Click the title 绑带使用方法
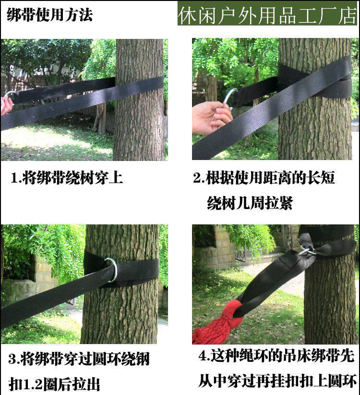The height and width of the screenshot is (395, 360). [x=50, y=15]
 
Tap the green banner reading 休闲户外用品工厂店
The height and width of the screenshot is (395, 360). [x=267, y=13]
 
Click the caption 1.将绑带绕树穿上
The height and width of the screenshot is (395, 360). [x=67, y=178]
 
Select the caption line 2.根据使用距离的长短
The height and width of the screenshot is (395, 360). [x=264, y=178]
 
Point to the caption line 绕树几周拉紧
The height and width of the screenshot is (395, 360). [x=250, y=203]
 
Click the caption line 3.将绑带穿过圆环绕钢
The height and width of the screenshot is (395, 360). [x=79, y=359]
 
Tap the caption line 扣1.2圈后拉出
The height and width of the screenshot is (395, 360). [x=54, y=384]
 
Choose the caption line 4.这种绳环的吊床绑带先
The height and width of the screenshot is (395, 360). [x=276, y=356]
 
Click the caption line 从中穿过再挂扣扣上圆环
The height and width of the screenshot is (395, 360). [x=277, y=381]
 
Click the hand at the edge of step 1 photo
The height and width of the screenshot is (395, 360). [x=6, y=105]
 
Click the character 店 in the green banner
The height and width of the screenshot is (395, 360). [x=348, y=15]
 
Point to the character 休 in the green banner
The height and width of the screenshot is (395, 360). [x=187, y=15]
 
